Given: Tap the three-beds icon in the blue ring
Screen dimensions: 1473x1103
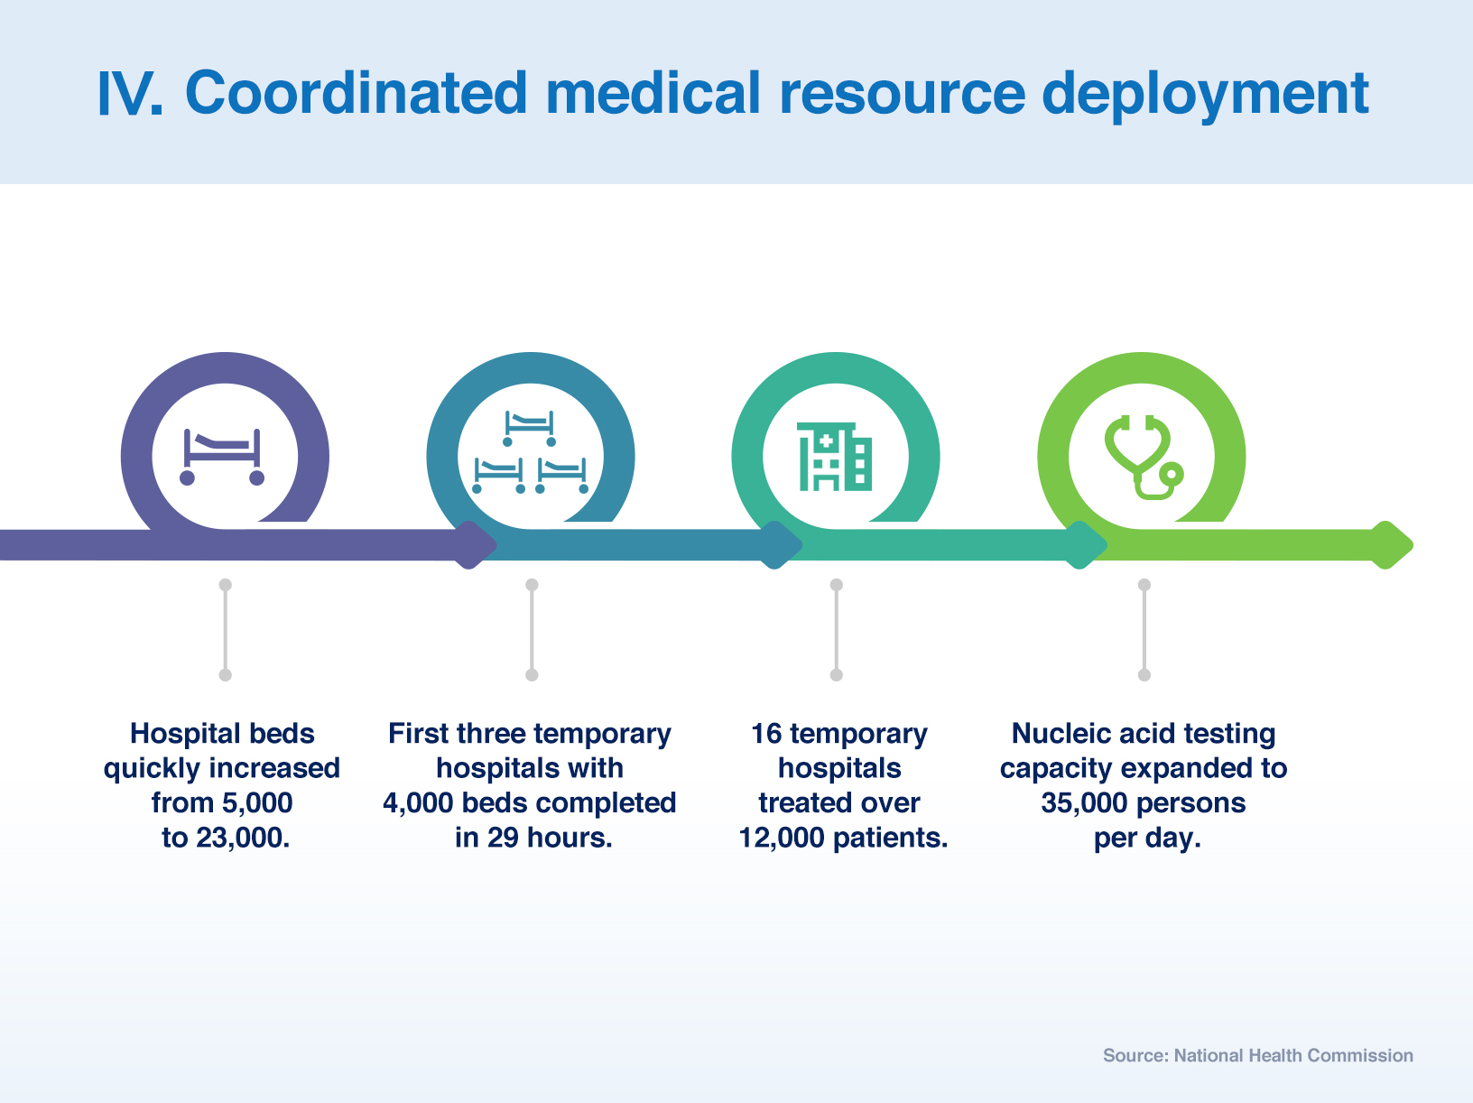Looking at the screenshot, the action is pos(530,452).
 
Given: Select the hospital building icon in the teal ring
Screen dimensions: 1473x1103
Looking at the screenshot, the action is pos(835,456).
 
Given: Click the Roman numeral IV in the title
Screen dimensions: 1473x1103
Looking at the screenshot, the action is pos(129,93).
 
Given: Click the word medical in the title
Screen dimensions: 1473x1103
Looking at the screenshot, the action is pos(653,93).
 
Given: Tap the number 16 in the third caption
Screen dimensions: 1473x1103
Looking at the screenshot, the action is pos(766,733).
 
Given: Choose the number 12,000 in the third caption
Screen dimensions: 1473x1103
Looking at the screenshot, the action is pos(781,838).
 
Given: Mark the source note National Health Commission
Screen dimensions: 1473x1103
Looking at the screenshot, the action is pos(1293,1055).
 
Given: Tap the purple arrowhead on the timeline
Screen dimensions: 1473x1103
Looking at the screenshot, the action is pos(476,545).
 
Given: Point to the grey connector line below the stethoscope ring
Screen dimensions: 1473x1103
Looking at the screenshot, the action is pos(1144,629).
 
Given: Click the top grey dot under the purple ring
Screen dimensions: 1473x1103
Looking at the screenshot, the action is pos(226,585).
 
